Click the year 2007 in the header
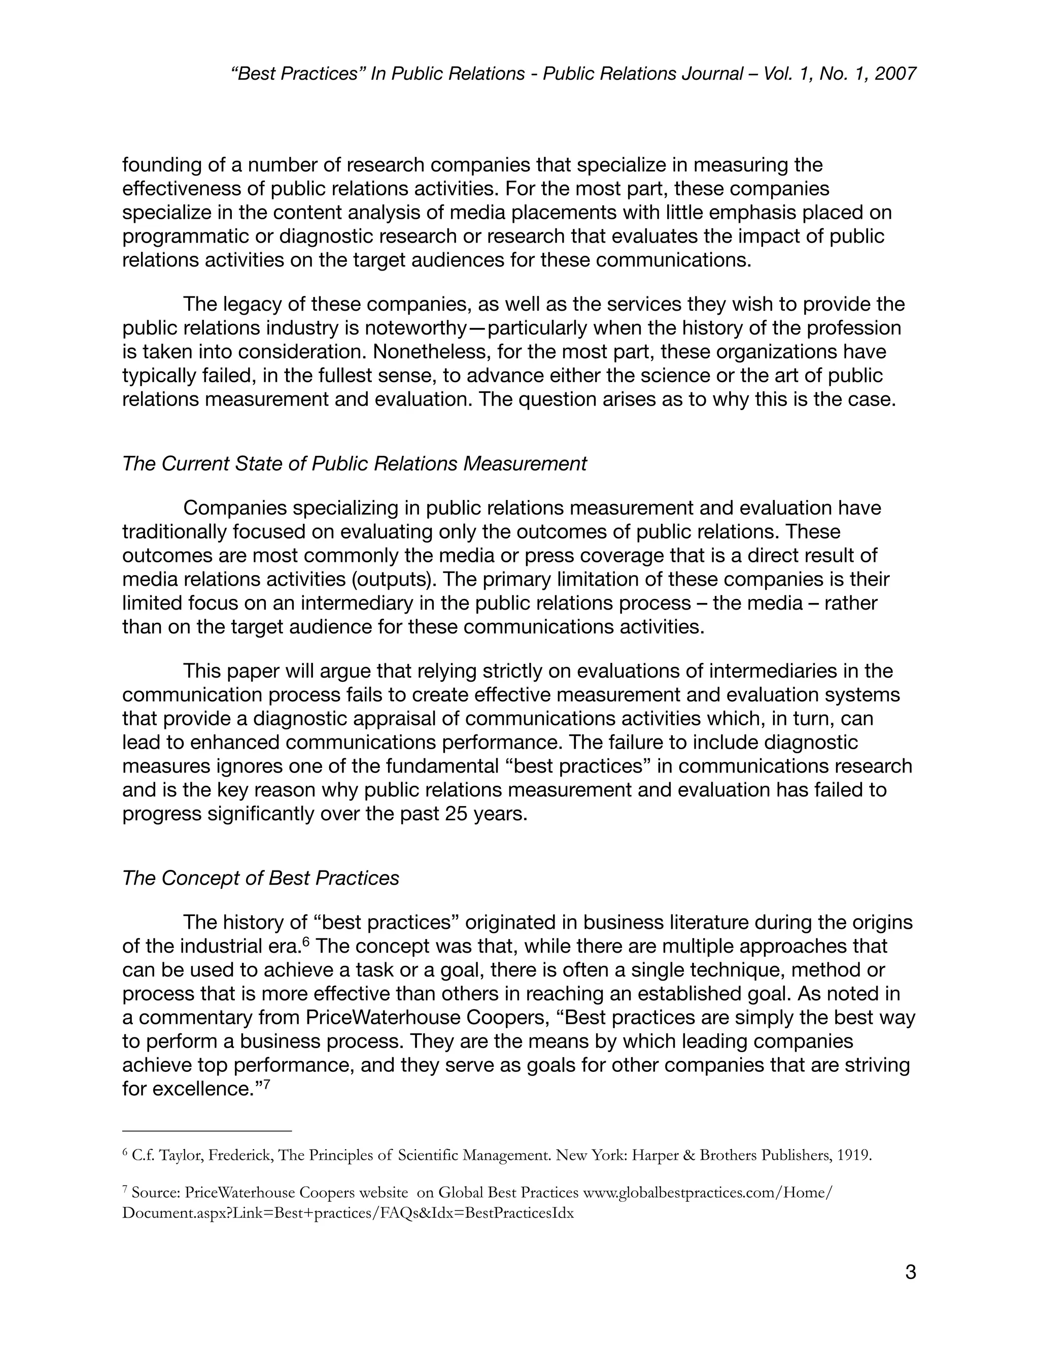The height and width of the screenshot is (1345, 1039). tap(895, 74)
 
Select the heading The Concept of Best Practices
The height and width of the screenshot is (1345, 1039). tap(260, 878)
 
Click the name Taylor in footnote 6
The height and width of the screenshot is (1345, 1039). tap(180, 1155)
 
